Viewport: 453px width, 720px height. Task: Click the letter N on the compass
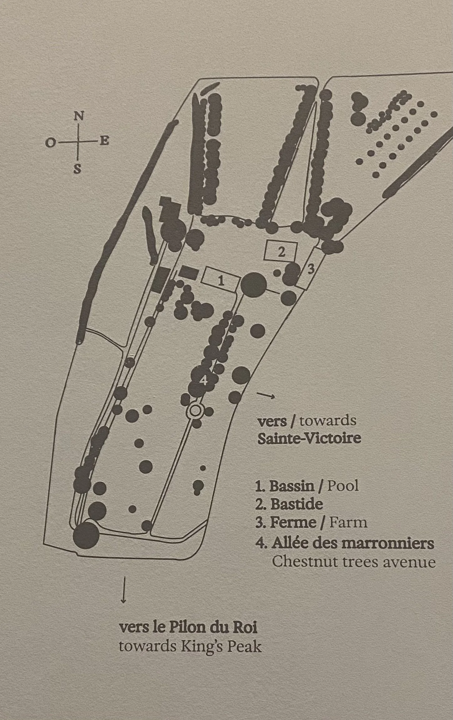tap(79, 116)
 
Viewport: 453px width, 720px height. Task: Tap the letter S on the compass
tap(77, 169)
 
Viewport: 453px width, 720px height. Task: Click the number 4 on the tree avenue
tap(203, 380)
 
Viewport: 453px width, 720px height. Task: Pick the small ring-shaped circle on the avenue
tap(195, 410)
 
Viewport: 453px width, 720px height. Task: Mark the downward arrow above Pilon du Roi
tap(123, 589)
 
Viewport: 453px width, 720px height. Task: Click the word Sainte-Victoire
tap(309, 438)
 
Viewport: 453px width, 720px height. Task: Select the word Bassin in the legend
tap(291, 486)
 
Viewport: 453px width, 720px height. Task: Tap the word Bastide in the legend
tap(296, 504)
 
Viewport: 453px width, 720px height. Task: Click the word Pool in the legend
tap(342, 486)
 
